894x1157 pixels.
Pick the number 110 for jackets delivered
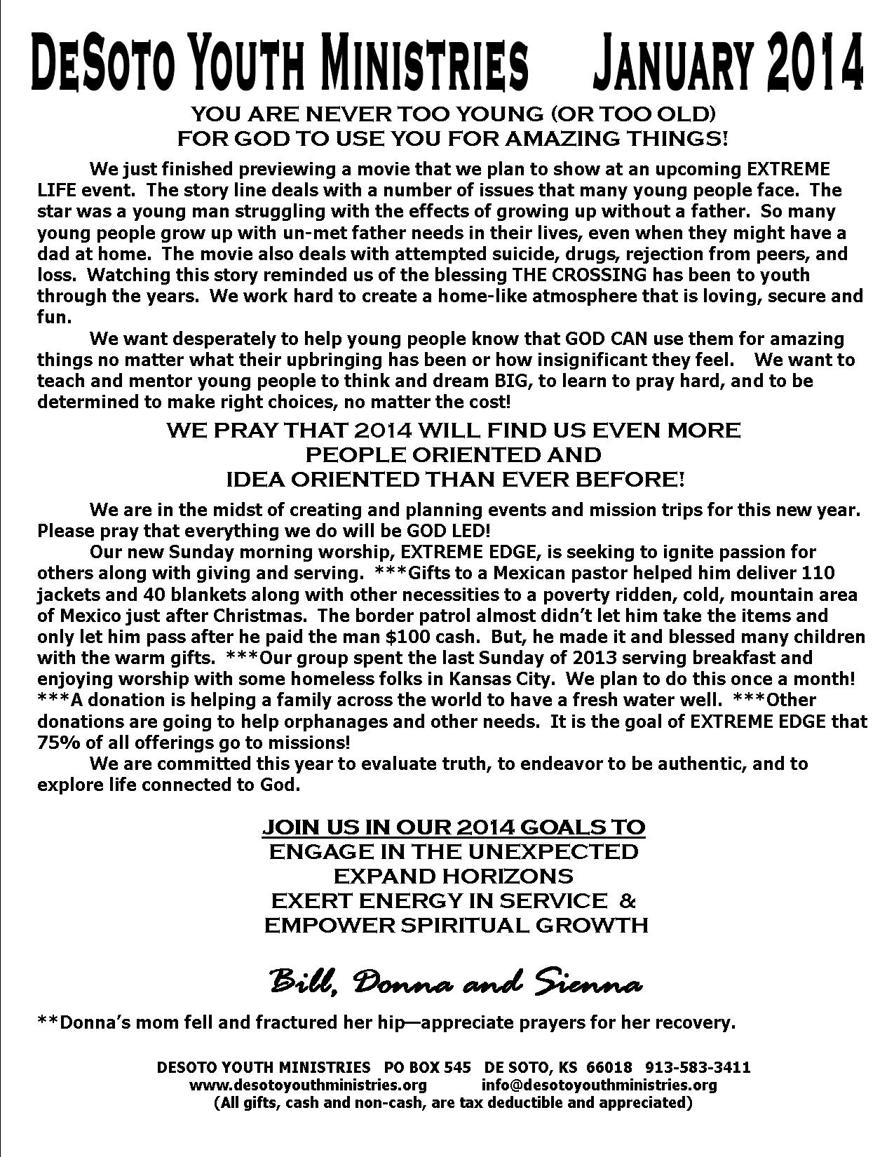pos(818,573)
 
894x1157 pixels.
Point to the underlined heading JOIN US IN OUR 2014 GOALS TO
pos(454,827)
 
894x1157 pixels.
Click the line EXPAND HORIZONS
pos(454,876)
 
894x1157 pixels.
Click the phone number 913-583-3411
pos(697,1068)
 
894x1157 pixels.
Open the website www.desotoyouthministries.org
pos(308,1085)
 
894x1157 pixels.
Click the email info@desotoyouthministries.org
pos(599,1085)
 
